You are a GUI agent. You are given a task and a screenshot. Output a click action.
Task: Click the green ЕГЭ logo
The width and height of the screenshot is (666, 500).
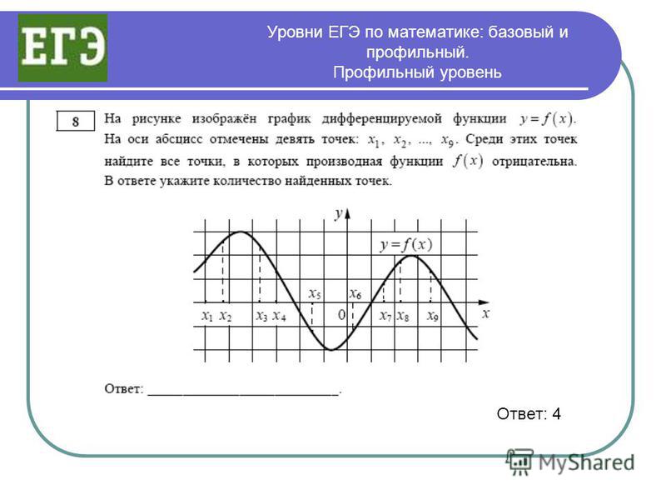pyautogui.click(x=62, y=47)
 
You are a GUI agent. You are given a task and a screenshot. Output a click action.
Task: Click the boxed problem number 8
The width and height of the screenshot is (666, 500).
pyautogui.click(x=76, y=122)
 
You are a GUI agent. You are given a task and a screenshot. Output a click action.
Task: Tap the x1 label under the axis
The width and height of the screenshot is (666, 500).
pyautogui.click(x=207, y=316)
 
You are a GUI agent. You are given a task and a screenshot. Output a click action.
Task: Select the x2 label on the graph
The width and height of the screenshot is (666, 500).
pyautogui.click(x=226, y=317)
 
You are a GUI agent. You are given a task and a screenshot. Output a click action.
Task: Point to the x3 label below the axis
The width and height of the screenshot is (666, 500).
pyautogui.click(x=262, y=317)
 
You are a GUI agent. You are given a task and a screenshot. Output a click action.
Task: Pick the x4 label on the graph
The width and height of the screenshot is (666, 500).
pyautogui.click(x=279, y=317)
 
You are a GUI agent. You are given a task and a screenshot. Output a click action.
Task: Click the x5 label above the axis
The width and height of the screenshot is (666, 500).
pyautogui.click(x=315, y=294)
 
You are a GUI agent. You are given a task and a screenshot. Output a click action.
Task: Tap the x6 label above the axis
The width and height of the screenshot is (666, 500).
pyautogui.click(x=355, y=294)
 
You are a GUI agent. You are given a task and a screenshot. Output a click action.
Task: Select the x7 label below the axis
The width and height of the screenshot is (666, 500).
pyautogui.click(x=385, y=317)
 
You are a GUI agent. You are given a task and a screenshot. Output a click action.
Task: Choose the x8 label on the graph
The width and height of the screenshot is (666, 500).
pyautogui.click(x=403, y=317)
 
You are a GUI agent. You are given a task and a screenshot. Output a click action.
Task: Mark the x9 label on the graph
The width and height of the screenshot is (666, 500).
pyautogui.click(x=433, y=317)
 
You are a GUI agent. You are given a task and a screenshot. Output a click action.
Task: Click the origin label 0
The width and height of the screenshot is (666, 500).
pyautogui.click(x=342, y=315)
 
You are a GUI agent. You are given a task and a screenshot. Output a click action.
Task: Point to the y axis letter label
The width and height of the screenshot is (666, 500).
pyautogui.click(x=338, y=213)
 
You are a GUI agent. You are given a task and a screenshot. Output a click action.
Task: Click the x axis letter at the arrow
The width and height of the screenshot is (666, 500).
pyautogui.click(x=486, y=314)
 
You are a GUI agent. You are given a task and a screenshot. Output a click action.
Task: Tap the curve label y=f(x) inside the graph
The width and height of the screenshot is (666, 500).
pyautogui.click(x=406, y=245)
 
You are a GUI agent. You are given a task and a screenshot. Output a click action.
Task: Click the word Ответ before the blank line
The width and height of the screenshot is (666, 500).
pyautogui.click(x=123, y=388)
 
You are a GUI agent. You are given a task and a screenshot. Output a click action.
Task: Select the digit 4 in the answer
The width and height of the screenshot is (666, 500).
pyautogui.click(x=556, y=413)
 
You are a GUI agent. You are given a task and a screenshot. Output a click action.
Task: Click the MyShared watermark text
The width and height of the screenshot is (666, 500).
pyautogui.click(x=587, y=462)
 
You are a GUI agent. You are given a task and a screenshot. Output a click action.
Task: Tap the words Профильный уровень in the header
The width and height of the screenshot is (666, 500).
pyautogui.click(x=417, y=72)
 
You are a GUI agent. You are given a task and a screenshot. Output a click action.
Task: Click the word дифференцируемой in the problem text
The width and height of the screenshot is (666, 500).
pyautogui.click(x=382, y=118)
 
